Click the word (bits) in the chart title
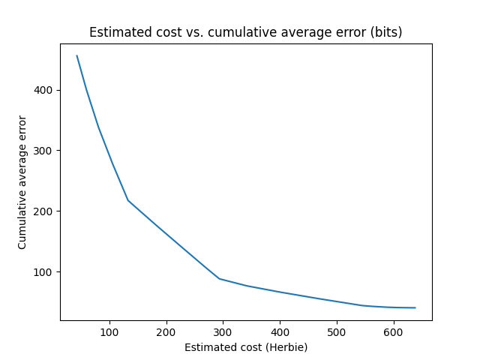point(386,32)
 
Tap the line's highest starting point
point(77,55)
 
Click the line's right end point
point(415,307)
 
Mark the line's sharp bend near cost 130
point(128,200)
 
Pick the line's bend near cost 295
point(220,279)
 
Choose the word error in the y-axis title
point(22,127)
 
